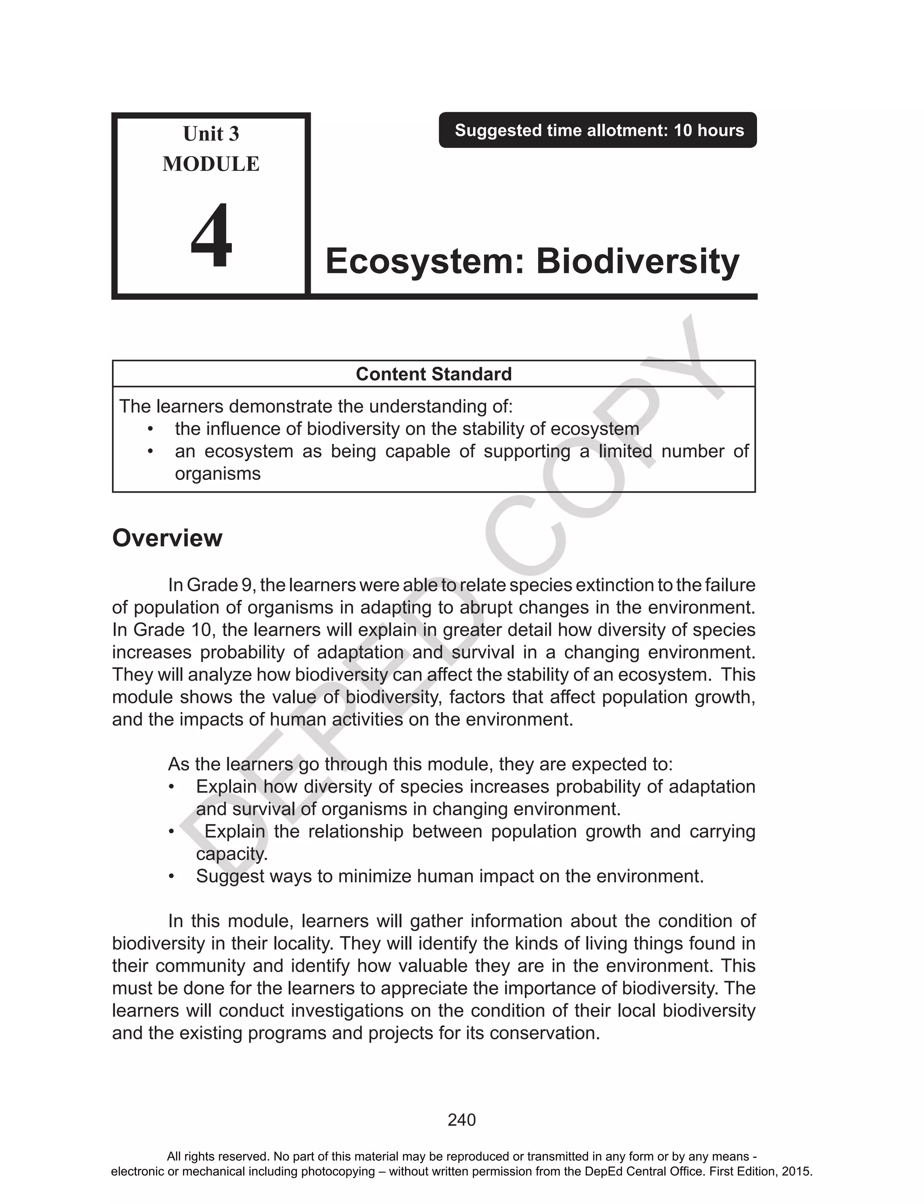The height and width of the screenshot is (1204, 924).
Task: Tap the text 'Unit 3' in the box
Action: pos(211,134)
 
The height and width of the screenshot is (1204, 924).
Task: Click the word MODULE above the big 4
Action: pos(211,164)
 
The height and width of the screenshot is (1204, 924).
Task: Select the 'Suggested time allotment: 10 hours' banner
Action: pos(598,130)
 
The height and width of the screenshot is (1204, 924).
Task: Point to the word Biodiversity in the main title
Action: pos(638,262)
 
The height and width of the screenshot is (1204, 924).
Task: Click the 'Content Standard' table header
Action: pos(434,374)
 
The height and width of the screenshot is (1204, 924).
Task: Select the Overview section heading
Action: pos(167,538)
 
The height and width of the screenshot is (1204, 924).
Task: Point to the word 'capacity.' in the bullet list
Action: pos(231,854)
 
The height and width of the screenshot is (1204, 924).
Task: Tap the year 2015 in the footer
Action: pos(798,1171)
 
